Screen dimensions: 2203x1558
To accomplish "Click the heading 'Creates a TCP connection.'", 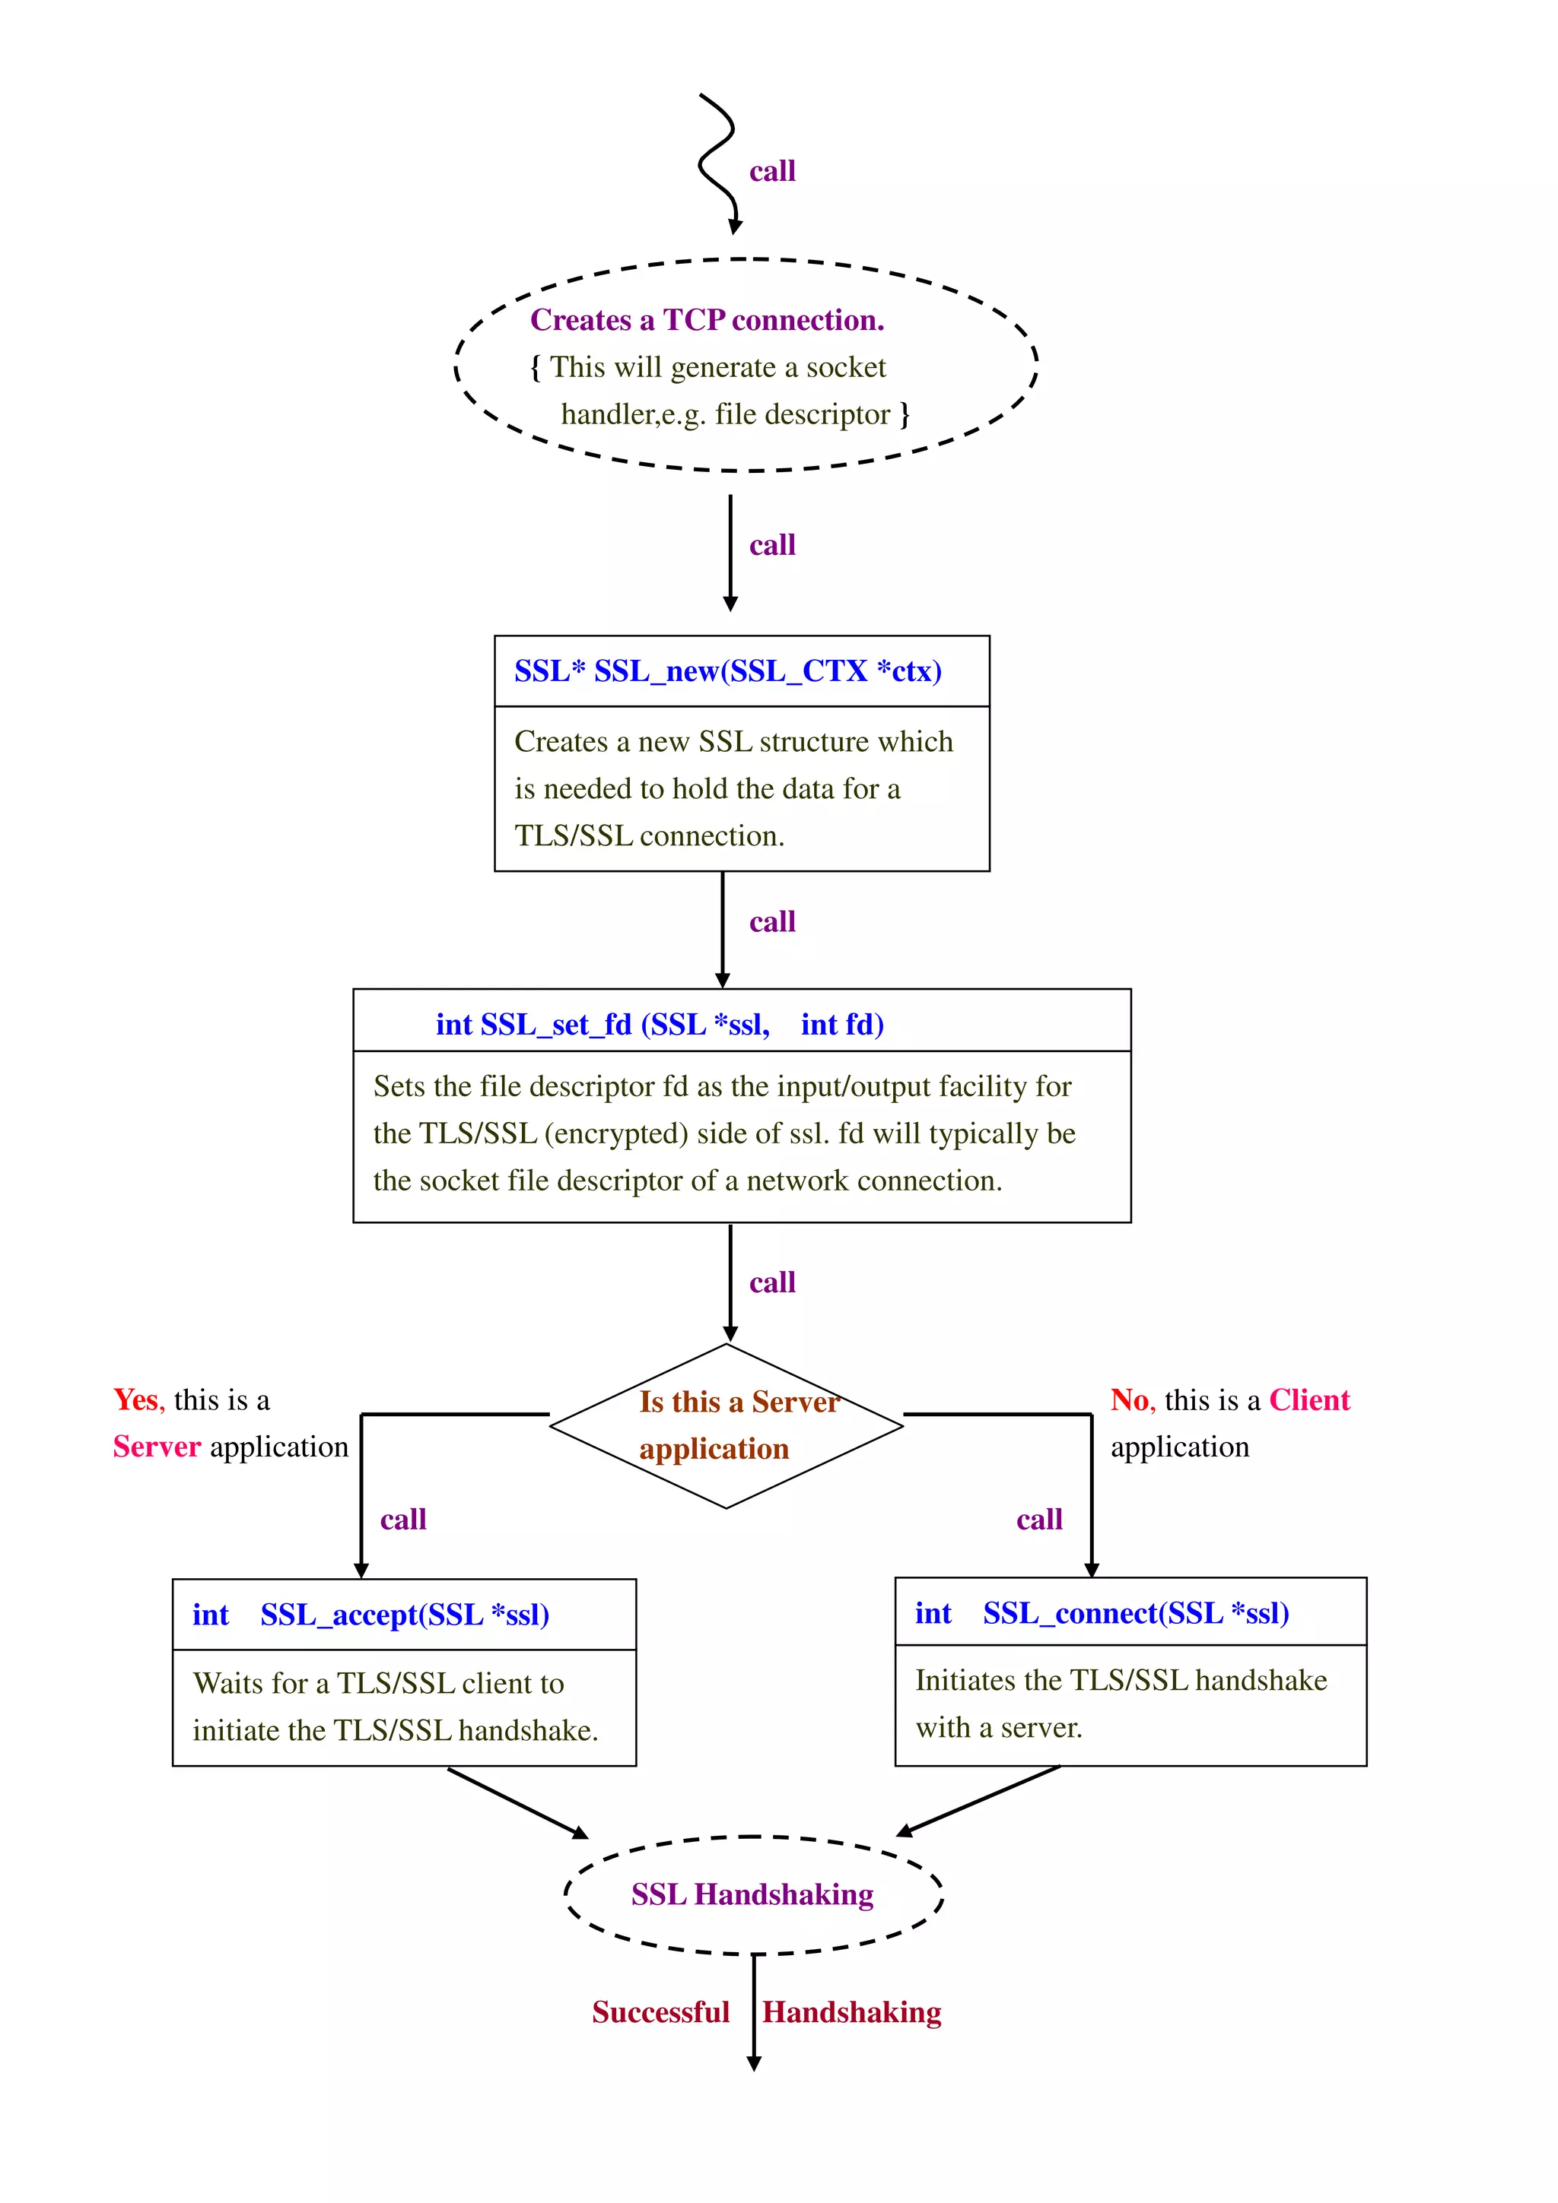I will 707,319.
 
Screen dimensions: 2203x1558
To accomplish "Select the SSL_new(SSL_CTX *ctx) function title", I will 727,670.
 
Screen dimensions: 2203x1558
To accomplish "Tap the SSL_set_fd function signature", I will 660,1024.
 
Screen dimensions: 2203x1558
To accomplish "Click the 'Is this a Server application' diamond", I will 726,1426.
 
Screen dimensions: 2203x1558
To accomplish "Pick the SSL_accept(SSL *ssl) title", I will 370,1615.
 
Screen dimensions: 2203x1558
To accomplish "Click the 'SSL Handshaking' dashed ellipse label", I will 752,1894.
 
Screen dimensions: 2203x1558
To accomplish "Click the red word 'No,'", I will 1130,1400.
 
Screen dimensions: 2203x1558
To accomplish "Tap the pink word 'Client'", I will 1308,1400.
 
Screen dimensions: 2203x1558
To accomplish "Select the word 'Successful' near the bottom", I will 660,2012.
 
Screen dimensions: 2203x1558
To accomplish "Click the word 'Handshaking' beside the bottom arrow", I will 851,2012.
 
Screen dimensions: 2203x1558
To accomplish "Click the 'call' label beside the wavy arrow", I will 772,172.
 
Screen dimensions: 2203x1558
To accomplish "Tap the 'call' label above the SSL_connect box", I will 1038,1520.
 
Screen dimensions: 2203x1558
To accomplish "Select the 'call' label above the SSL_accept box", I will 403,1520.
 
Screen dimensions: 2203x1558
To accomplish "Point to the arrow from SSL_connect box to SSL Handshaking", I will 979,1801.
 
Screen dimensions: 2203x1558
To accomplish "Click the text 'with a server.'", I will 998,1728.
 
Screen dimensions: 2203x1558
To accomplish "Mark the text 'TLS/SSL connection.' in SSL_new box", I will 649,835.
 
